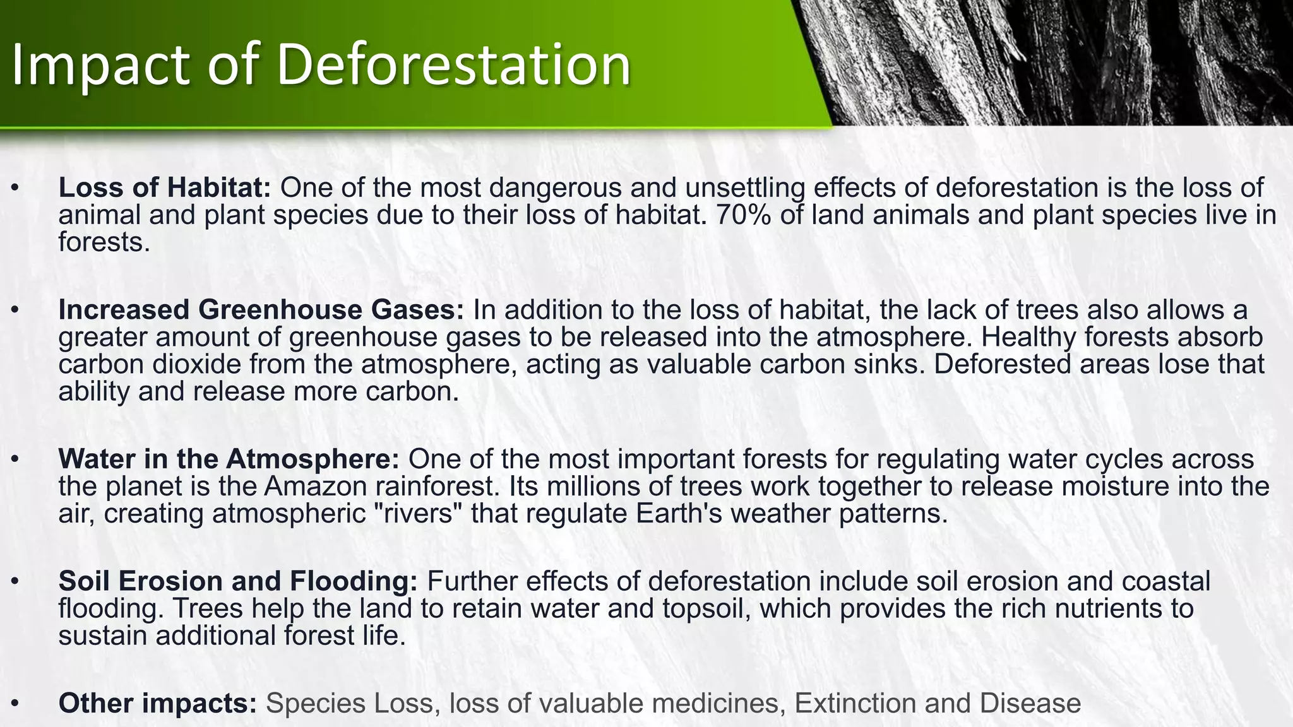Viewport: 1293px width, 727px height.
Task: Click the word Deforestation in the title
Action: coord(453,64)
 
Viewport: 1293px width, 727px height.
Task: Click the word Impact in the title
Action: coord(100,66)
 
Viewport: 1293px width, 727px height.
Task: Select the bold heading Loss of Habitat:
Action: coord(165,187)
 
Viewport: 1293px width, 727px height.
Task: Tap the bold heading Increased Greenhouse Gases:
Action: coord(261,310)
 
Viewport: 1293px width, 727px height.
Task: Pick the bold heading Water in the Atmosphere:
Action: coord(229,459)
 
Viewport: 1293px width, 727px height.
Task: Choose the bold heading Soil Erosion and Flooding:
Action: coord(238,581)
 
